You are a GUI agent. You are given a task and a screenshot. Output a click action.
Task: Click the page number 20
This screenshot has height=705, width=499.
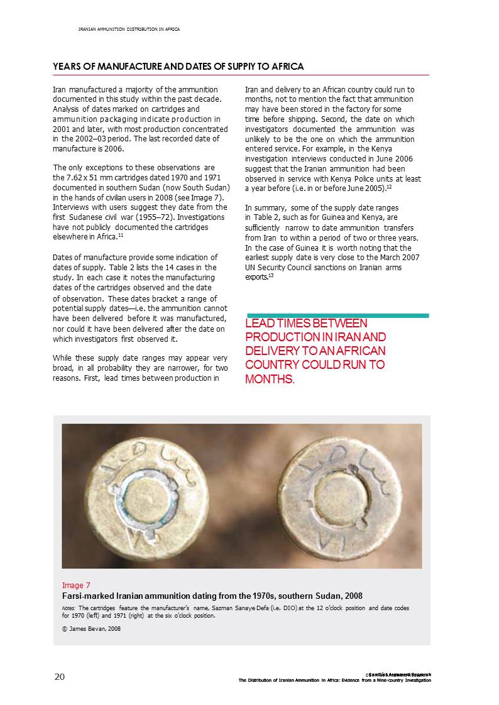[59, 676]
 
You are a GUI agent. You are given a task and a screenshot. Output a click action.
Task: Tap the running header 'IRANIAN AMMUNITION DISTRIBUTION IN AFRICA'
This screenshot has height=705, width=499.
[129, 30]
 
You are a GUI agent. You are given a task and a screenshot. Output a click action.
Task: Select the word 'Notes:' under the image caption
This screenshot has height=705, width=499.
[69, 609]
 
